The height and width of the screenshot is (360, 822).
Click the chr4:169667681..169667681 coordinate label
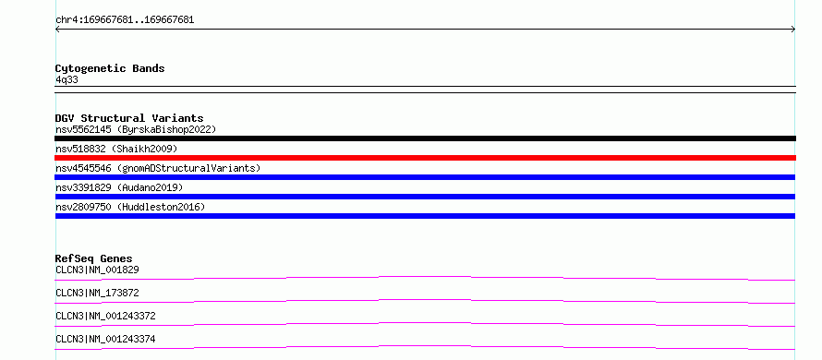(125, 20)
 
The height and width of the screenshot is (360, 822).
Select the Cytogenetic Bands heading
(110, 68)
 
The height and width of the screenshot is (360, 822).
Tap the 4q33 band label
(66, 79)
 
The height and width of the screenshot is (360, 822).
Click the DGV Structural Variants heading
(129, 118)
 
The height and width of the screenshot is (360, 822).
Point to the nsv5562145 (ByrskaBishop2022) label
(136, 129)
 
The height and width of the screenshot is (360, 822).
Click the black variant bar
(425, 138)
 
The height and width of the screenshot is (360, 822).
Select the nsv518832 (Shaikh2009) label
(116, 149)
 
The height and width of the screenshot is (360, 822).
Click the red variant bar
(425, 158)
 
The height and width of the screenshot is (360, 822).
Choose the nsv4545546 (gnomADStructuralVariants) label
(158, 168)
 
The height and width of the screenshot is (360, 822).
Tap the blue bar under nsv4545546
(425, 177)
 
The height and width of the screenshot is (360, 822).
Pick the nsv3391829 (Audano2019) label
(119, 187)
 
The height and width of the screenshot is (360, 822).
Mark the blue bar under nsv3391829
(425, 197)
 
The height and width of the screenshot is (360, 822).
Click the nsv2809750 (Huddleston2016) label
(130, 207)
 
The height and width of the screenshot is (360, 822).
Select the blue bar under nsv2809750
(425, 216)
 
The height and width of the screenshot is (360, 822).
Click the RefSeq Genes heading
(94, 258)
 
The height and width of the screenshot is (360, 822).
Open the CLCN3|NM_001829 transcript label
(97, 270)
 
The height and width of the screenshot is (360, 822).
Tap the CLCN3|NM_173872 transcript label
(97, 293)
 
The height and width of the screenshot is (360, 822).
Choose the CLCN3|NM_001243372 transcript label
(105, 316)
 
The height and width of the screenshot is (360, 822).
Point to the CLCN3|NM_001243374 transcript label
(105, 339)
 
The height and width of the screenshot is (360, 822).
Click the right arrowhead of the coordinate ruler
(794, 30)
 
